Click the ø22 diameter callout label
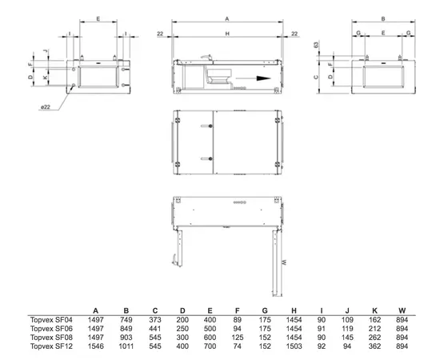coord(45,107)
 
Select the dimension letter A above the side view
coord(227,18)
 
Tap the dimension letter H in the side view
coord(227,34)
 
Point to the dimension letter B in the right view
coord(383,18)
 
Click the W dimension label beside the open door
coord(284,262)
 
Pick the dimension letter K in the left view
coord(46,77)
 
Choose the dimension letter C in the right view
coord(316,77)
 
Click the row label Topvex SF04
coord(51,319)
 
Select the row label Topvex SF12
coord(51,346)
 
